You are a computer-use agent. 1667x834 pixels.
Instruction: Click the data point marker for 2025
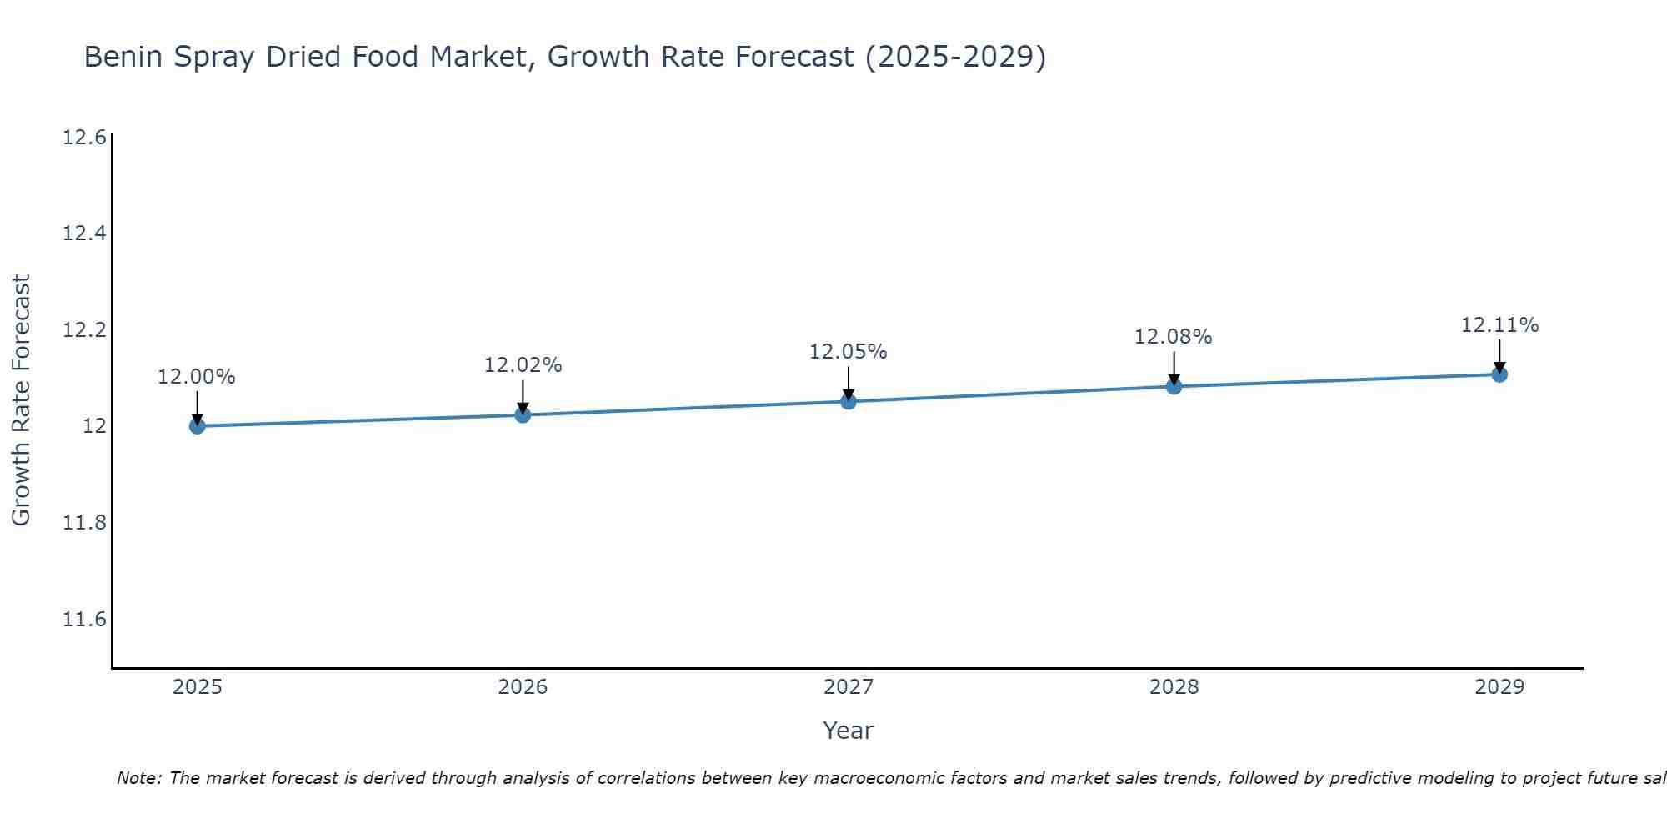(x=198, y=426)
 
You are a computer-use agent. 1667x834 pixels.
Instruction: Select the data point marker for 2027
(x=849, y=401)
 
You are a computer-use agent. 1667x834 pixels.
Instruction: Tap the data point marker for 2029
(x=1499, y=374)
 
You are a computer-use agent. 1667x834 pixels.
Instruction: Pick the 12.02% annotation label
(x=523, y=365)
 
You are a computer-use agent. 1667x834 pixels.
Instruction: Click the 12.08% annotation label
(x=1174, y=337)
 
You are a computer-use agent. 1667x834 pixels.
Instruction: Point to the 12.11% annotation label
(x=1499, y=325)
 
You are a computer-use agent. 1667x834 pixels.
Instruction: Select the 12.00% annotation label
(x=197, y=377)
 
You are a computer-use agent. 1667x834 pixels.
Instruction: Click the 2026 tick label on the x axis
(x=523, y=687)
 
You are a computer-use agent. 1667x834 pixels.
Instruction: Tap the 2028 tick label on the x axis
(x=1174, y=687)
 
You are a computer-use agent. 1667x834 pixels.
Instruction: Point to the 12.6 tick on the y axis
(x=84, y=138)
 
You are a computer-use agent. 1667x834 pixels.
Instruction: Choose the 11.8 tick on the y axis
(x=84, y=523)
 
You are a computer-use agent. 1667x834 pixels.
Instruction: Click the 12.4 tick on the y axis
(x=84, y=234)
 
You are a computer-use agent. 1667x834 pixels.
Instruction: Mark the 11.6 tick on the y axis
(x=84, y=620)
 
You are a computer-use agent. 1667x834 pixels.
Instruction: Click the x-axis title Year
(x=848, y=731)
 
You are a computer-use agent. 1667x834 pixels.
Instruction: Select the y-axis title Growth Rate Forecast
(x=21, y=400)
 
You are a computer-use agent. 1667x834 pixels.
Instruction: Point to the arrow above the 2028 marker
(x=1174, y=367)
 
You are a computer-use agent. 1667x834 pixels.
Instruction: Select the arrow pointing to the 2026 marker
(x=523, y=395)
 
